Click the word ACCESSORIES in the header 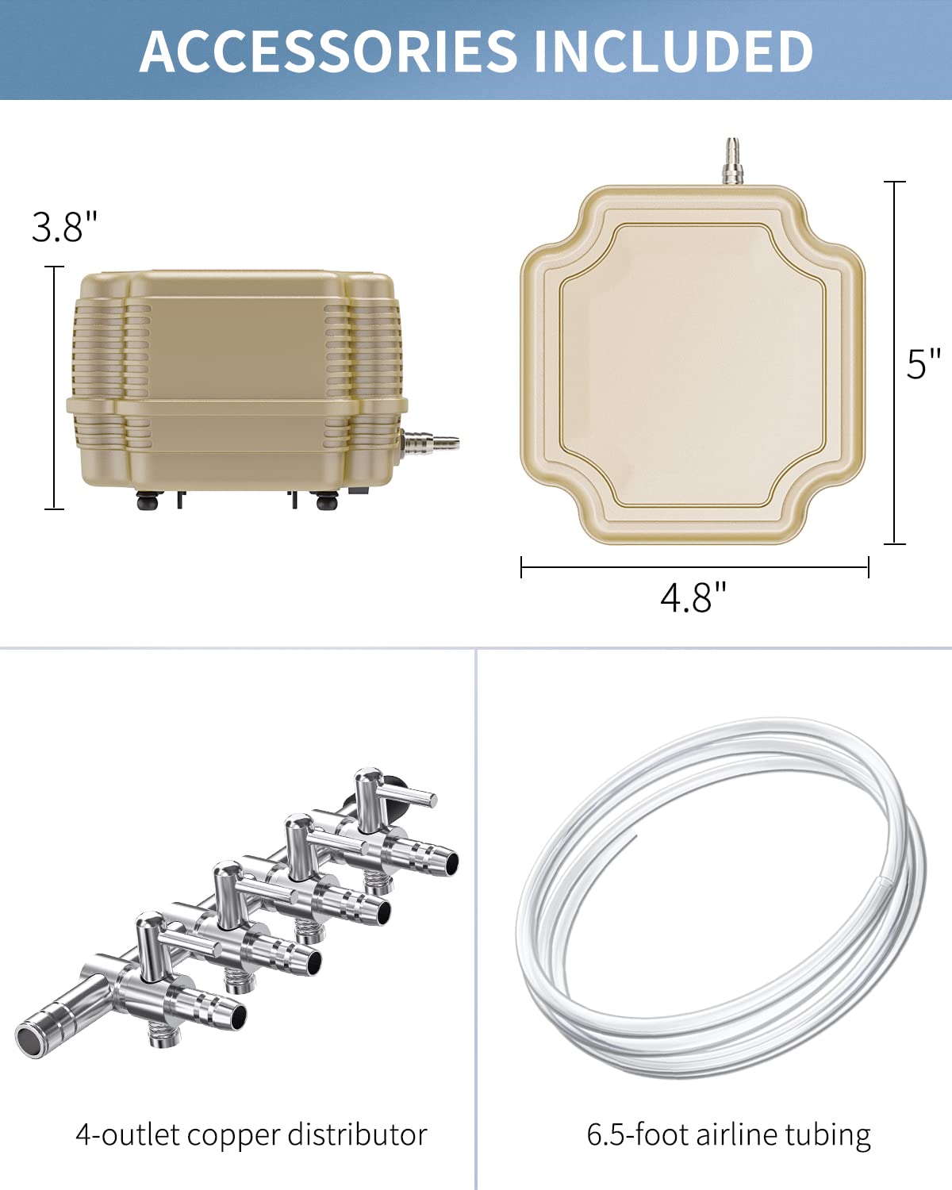point(328,51)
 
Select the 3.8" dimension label point(64,227)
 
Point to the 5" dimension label point(923,364)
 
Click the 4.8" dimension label point(693,597)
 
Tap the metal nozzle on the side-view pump point(430,441)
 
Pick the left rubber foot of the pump point(147,501)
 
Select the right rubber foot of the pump point(326,501)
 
